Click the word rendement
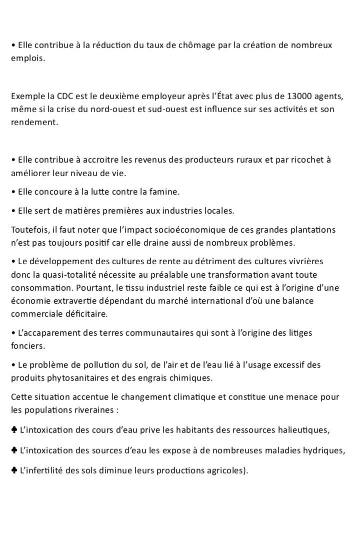click(x=33, y=122)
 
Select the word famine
click(x=163, y=192)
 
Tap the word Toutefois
click(x=29, y=230)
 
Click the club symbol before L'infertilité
click(x=13, y=471)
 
